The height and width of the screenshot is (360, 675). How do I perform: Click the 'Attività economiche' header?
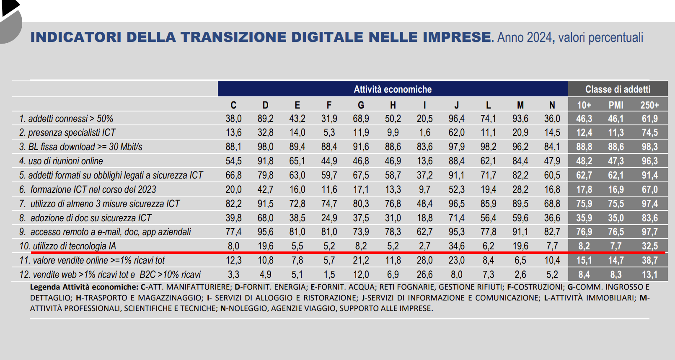[x=393, y=89]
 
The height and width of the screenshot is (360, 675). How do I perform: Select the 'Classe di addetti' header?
[x=618, y=89]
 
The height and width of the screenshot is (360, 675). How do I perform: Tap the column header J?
[x=456, y=105]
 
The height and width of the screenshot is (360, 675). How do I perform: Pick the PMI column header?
[x=616, y=105]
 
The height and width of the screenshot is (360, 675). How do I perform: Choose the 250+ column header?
[x=649, y=105]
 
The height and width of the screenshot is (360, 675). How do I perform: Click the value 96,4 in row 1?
[x=456, y=119]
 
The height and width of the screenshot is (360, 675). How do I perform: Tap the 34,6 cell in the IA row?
[x=456, y=246]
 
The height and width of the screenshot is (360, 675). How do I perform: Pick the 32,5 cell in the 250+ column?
[x=649, y=246]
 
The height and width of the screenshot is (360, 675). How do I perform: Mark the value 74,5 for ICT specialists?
[x=649, y=132]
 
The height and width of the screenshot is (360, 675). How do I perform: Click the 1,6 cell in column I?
[x=424, y=132]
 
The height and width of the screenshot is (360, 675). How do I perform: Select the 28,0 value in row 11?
[x=424, y=260]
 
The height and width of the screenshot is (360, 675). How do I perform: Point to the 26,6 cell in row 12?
[x=424, y=275]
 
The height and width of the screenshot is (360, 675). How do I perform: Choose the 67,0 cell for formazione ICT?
[x=649, y=189]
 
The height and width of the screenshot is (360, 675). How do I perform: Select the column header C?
[x=233, y=105]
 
